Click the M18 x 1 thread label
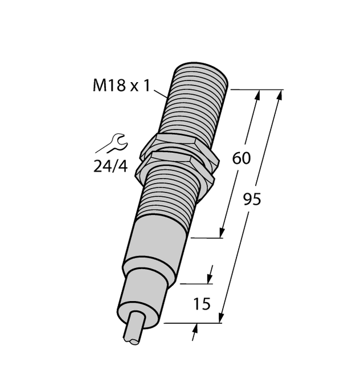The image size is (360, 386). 121,86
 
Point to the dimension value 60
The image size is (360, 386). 242,159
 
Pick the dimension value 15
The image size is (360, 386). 201,304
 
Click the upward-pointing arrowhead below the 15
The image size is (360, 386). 196,329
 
